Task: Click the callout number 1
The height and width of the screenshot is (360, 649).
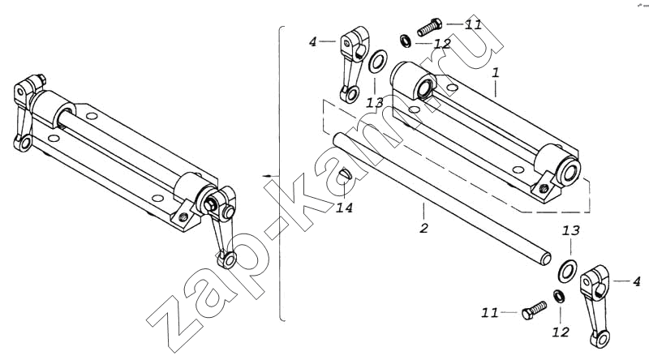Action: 496,73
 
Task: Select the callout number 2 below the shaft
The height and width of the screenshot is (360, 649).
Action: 423,228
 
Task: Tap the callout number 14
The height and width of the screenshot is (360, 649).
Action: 344,208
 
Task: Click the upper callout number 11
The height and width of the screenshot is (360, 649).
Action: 473,24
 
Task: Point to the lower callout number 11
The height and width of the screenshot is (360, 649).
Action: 490,313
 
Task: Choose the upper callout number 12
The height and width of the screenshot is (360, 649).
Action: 442,44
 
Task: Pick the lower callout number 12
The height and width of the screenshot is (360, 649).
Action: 561,332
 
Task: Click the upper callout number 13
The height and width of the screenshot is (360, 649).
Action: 376,103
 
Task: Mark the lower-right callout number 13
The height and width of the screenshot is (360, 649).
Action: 571,231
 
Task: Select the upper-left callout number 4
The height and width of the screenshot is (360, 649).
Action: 313,42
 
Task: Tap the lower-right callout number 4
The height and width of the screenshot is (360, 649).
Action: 637,282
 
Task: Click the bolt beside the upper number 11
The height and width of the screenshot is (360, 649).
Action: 430,26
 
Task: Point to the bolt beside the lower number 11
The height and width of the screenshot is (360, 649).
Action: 534,310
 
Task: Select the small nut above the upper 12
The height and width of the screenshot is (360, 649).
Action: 406,41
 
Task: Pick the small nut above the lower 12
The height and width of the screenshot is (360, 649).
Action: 559,296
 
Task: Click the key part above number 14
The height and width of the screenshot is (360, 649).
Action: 346,174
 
